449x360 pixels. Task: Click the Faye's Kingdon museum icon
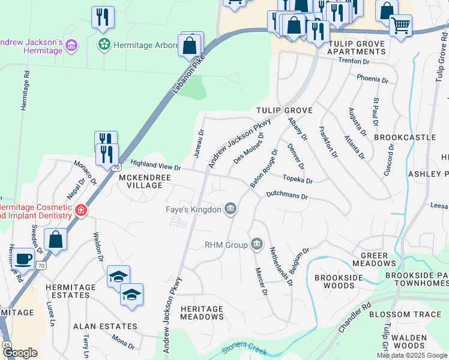pyautogui.click(x=230, y=209)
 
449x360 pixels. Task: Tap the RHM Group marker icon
pyautogui.click(x=257, y=244)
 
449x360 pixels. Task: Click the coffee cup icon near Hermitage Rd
pyautogui.click(x=23, y=259)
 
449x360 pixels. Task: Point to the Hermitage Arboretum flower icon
pyautogui.click(x=104, y=44)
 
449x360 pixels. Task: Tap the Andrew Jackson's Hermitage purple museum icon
pyautogui.click(x=71, y=46)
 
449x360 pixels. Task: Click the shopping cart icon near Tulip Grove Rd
pyautogui.click(x=400, y=25)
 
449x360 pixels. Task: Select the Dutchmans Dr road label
pyautogui.click(x=287, y=196)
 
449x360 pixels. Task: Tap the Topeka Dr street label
pyautogui.click(x=298, y=179)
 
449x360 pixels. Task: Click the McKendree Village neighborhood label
pyautogui.click(x=140, y=181)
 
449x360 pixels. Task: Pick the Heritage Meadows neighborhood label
pyautogui.click(x=202, y=313)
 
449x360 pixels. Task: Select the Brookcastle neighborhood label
pyautogui.click(x=405, y=137)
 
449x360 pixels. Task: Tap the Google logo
pyautogui.click(x=20, y=353)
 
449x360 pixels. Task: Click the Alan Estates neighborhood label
pyautogui.click(x=105, y=326)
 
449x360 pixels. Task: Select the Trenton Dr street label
pyautogui.click(x=353, y=61)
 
